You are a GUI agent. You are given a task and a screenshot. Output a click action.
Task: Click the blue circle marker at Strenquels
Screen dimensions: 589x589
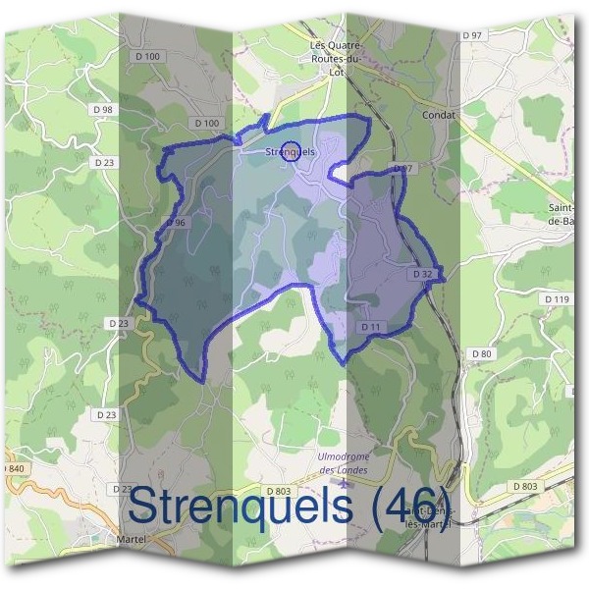[290, 150]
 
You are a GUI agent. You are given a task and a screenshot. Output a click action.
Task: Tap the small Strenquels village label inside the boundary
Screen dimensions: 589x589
[290, 152]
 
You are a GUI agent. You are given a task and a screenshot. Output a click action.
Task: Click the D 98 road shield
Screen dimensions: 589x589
[101, 109]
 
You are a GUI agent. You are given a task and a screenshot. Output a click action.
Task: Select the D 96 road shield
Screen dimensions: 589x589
[176, 223]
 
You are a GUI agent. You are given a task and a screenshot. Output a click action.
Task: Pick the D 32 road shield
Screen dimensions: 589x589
[423, 273]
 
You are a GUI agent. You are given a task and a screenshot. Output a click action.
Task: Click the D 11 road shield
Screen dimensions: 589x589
[370, 326]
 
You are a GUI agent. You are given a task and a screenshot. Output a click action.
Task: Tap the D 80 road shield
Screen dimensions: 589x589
[480, 353]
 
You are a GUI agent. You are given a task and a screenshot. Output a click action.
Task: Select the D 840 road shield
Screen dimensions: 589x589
[14, 469]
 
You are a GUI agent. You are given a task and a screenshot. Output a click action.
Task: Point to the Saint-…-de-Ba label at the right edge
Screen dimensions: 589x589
[567, 216]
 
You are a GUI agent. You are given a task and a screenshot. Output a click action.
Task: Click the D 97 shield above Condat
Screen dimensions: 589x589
[472, 35]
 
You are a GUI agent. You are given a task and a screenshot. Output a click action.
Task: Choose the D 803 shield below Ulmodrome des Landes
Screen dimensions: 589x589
[279, 490]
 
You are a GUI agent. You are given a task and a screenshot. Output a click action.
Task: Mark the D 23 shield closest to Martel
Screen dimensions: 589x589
[122, 488]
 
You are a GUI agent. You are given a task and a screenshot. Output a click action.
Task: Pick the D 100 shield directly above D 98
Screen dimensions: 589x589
[148, 57]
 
